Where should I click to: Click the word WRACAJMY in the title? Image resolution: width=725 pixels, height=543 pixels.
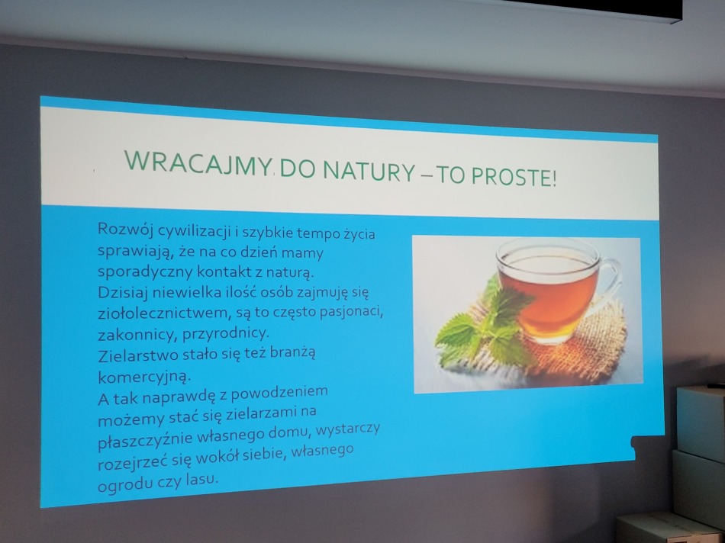click(x=198, y=163)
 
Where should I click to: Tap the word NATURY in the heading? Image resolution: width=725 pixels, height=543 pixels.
click(x=369, y=171)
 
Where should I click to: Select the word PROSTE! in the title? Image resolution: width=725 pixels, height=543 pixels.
click(x=514, y=177)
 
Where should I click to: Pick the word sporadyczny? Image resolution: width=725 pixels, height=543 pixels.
click(x=145, y=271)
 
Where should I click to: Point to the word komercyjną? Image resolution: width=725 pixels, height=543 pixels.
click(x=144, y=377)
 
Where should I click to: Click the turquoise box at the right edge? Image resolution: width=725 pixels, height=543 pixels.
click(x=701, y=423)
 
